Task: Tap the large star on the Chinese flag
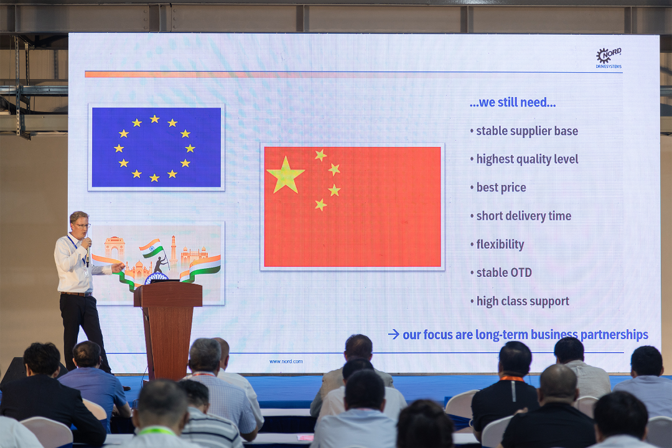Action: (286, 174)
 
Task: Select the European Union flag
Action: (156, 147)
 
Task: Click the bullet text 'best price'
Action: (501, 187)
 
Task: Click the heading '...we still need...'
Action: (513, 103)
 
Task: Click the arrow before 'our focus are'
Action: (393, 334)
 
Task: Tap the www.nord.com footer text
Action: (286, 362)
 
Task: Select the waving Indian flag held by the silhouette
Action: (151, 248)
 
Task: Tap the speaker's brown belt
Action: (77, 294)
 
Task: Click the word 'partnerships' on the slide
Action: (614, 335)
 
